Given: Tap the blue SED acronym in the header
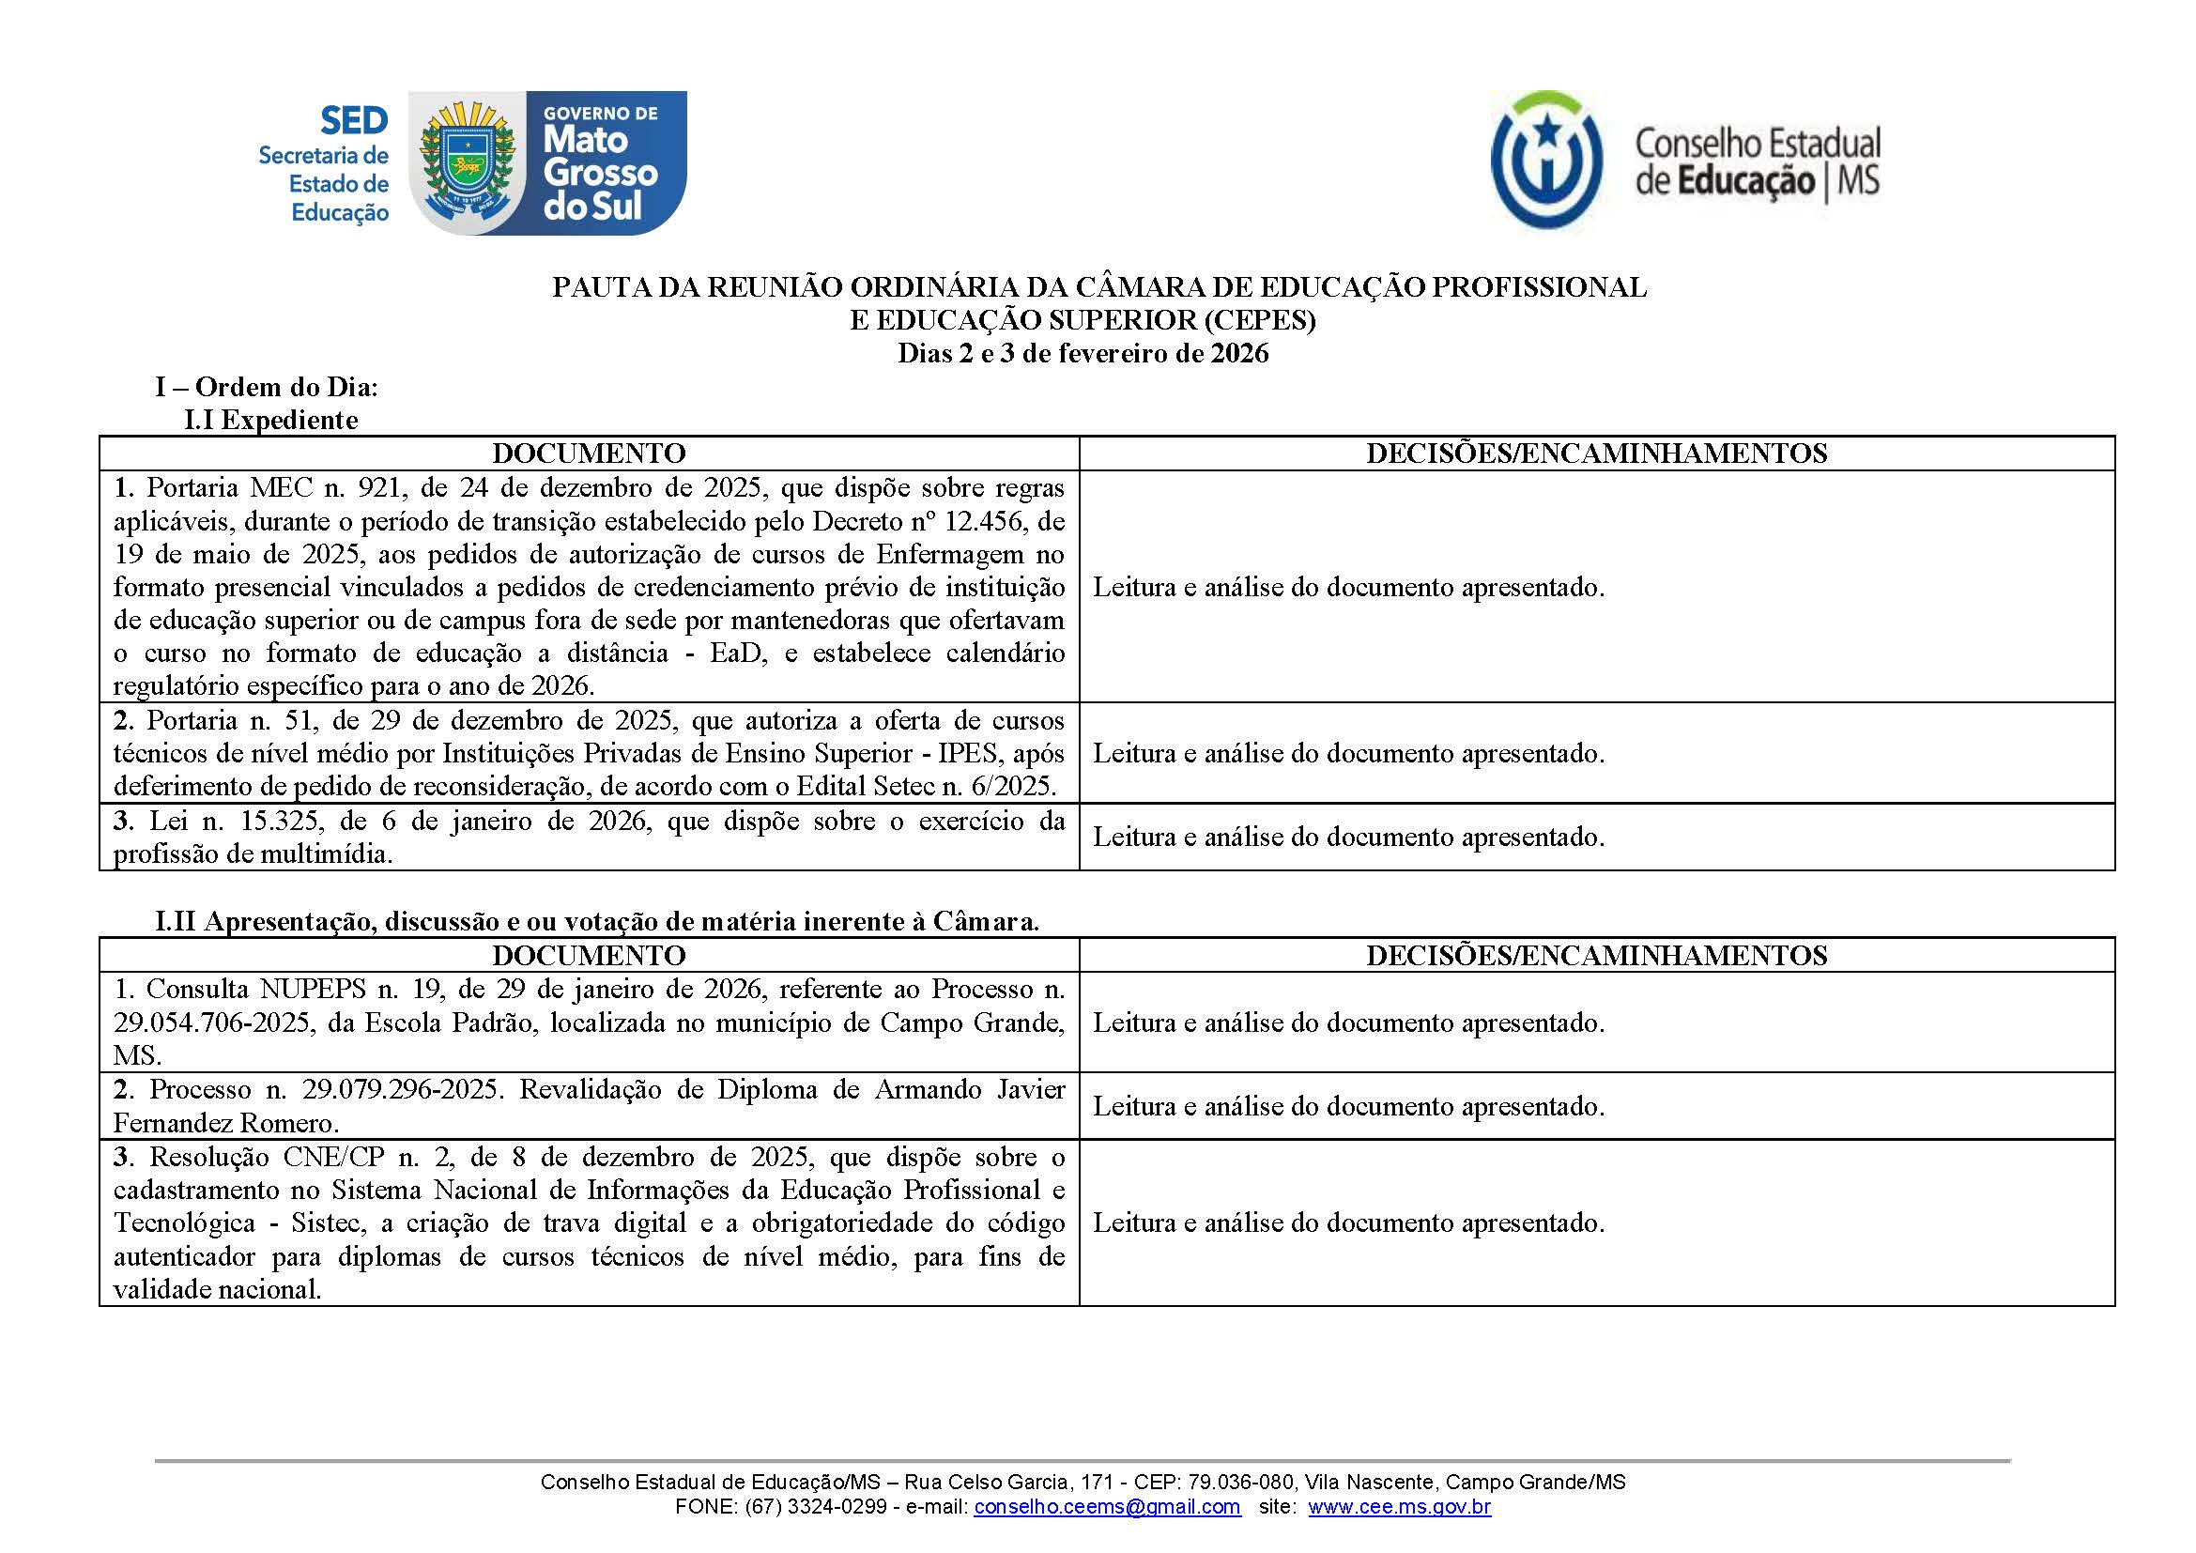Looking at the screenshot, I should (354, 121).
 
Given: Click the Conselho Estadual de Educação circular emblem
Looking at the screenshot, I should (1545, 161).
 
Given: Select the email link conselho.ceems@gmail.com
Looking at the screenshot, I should (1107, 1507).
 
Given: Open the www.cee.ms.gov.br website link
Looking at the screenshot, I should (1399, 1507).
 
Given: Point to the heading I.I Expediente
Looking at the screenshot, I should (270, 420).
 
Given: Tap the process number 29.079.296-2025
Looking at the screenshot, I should (401, 1089).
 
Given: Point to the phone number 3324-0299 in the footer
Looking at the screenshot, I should (838, 1507).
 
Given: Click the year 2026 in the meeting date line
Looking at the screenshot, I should (1239, 354).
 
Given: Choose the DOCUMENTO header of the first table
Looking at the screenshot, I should (589, 454).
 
